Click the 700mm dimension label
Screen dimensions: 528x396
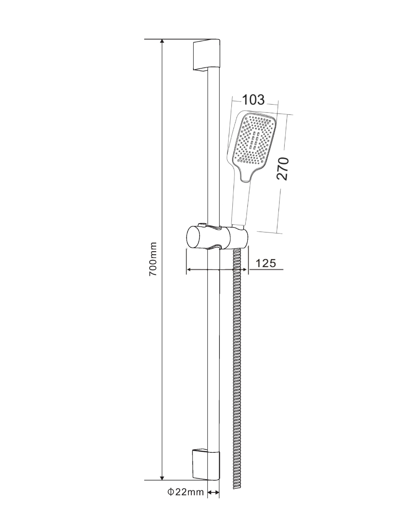pyautogui.click(x=153, y=259)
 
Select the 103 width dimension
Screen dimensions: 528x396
pyautogui.click(x=253, y=99)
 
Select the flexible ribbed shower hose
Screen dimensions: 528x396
pyautogui.click(x=237, y=363)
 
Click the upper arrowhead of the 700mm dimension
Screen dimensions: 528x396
pyautogui.click(x=162, y=42)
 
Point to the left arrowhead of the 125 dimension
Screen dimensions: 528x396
pyautogui.click(x=189, y=270)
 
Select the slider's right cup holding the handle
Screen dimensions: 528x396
pyautogui.click(x=238, y=238)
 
